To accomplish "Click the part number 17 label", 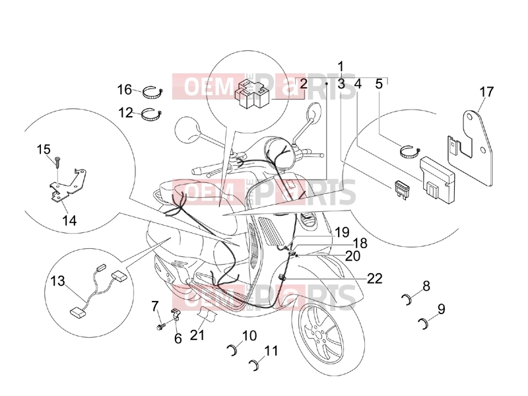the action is tap(486, 92).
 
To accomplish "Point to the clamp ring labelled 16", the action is tap(153, 92).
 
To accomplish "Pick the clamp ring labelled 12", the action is tap(153, 115).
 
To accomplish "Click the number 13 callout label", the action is tap(57, 281).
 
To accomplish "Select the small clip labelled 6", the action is tap(175, 315).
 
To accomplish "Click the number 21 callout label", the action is tap(197, 335).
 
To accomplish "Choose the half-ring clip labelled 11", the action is tap(255, 365).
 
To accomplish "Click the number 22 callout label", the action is tap(374, 279).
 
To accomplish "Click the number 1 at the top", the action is tap(341, 67).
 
